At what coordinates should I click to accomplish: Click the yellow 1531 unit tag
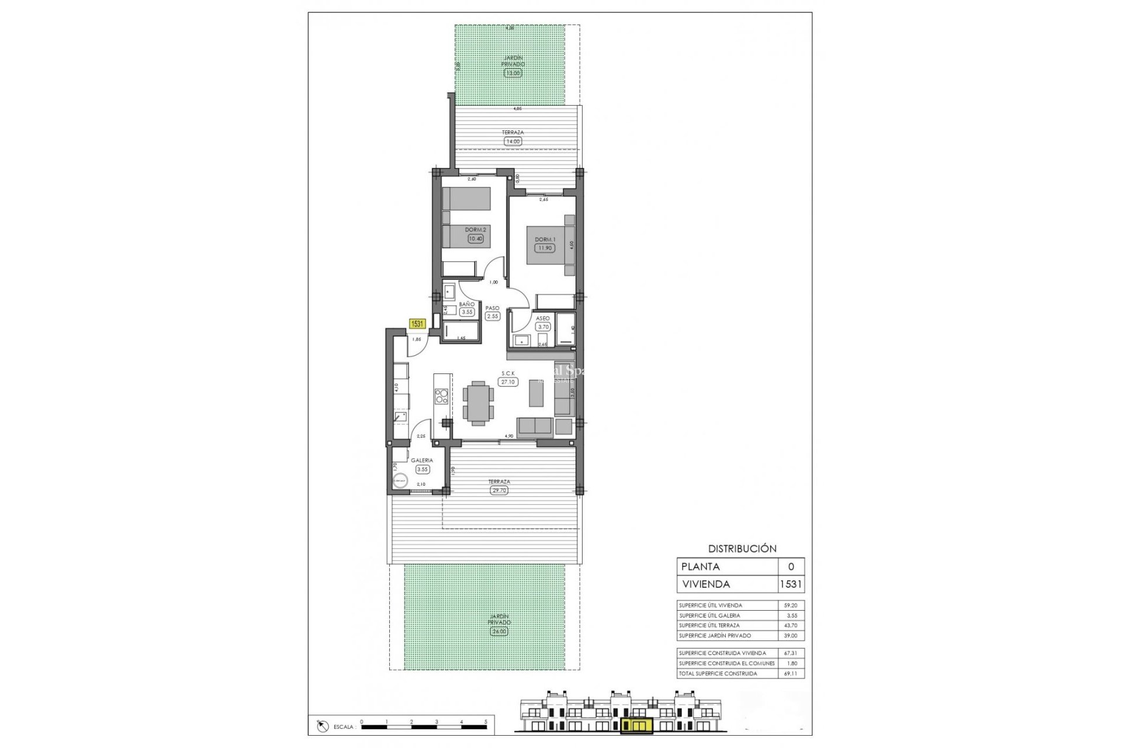click(x=417, y=323)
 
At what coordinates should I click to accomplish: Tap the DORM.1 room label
click(x=544, y=240)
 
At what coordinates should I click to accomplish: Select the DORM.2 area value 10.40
click(x=476, y=238)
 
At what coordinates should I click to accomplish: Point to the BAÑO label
click(x=466, y=304)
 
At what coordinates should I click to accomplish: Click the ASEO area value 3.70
click(x=543, y=327)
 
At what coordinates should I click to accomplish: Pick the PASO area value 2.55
click(x=493, y=316)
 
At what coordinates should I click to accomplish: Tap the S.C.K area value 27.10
click(x=508, y=382)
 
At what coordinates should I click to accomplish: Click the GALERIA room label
click(x=422, y=460)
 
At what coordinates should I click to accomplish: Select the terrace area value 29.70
click(x=499, y=490)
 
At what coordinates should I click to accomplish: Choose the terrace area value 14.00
click(x=512, y=141)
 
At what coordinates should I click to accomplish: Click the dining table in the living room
click(x=478, y=401)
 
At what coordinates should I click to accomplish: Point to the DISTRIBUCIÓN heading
click(x=742, y=549)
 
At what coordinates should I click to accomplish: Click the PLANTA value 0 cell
click(x=791, y=566)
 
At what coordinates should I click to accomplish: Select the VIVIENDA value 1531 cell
click(x=791, y=584)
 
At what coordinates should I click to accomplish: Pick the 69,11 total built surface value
click(x=790, y=674)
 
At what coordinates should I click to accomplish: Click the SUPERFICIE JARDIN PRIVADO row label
click(x=715, y=635)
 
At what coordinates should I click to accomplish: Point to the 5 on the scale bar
click(x=486, y=722)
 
